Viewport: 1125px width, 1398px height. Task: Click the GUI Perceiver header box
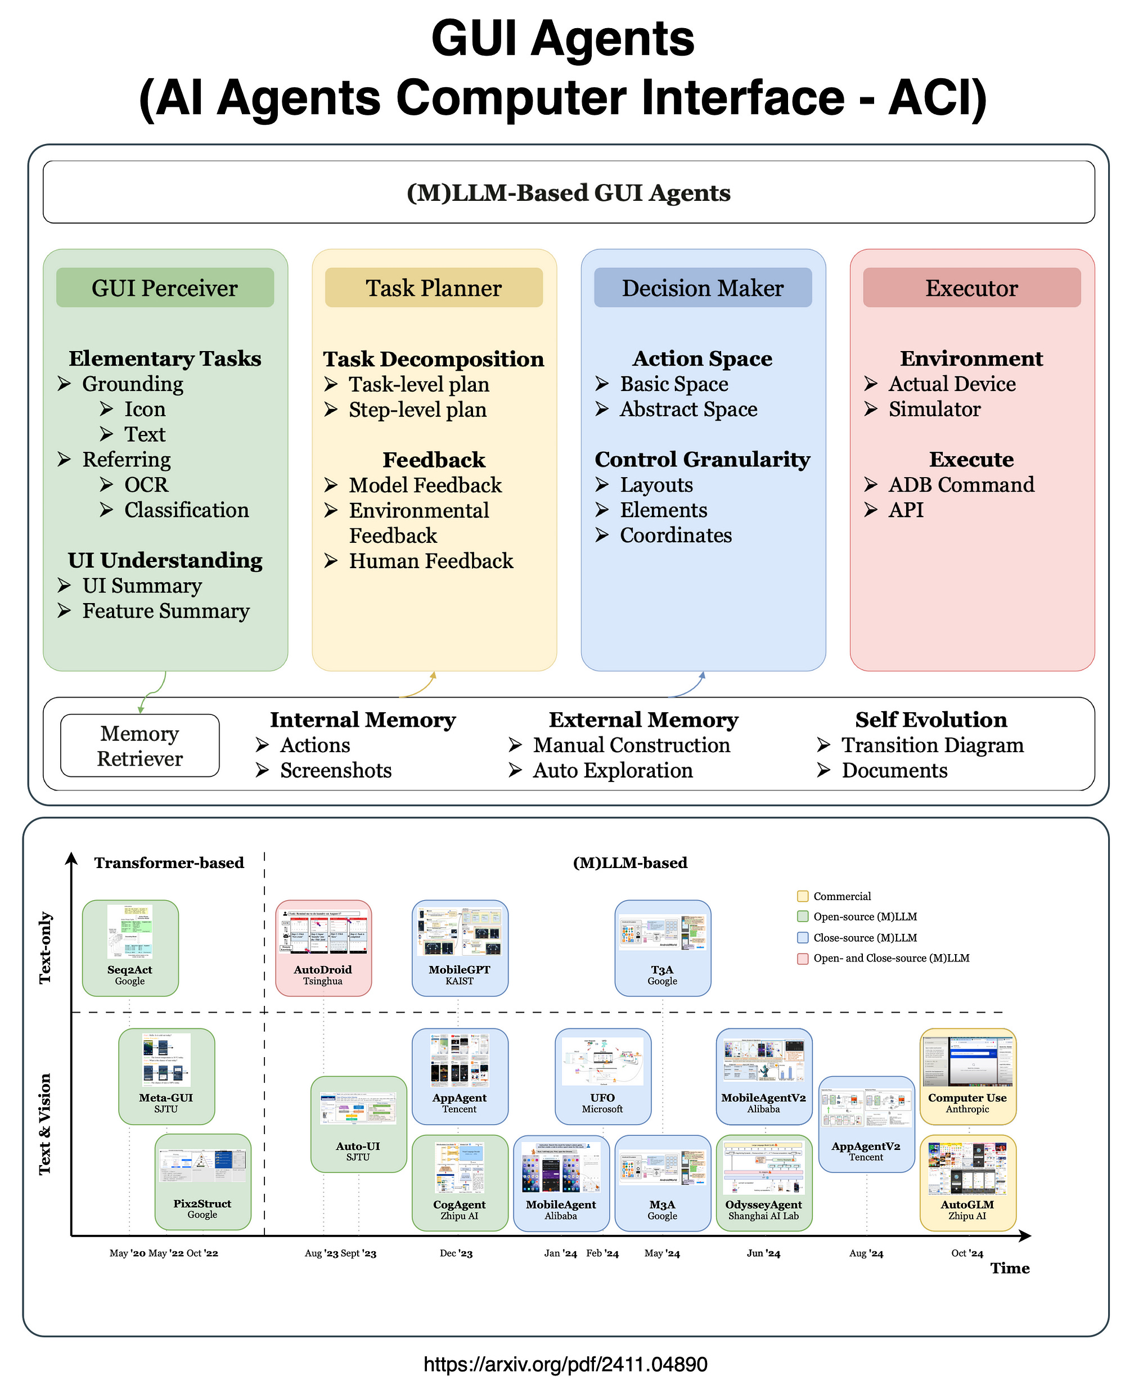[165, 288]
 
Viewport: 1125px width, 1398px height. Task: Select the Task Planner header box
[433, 288]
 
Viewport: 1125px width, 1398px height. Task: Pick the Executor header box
[971, 288]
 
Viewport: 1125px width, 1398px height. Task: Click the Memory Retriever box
[139, 745]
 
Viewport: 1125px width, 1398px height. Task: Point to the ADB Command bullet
[960, 485]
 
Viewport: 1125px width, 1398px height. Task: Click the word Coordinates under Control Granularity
[675, 536]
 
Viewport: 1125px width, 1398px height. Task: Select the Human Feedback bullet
[430, 561]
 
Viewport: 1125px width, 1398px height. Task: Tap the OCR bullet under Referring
[146, 485]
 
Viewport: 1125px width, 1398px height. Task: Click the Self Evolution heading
[930, 720]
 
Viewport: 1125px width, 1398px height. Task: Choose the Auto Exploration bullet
[612, 771]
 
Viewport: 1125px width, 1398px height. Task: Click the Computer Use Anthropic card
[967, 1076]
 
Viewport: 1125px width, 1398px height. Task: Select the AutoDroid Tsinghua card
[323, 948]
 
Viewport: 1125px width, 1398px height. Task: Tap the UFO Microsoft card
[602, 1076]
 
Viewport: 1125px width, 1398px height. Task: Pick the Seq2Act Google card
[130, 948]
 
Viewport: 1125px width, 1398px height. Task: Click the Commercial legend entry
[841, 897]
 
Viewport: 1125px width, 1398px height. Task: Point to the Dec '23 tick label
[456, 1253]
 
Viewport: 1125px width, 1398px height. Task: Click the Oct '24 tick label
[967, 1253]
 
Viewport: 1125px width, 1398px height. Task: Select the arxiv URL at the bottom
[565, 1364]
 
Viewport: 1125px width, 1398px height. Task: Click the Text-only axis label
[45, 948]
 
